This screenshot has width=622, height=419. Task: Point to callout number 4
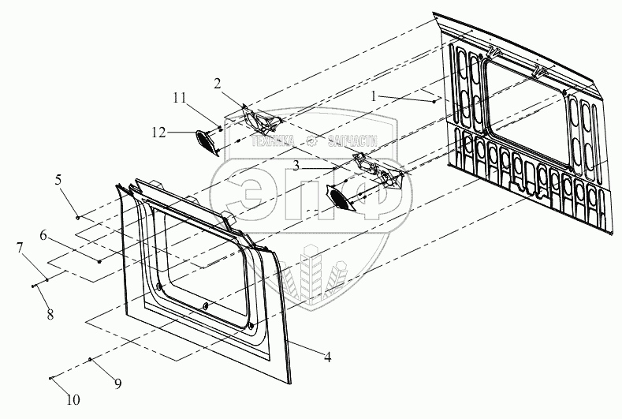point(327,357)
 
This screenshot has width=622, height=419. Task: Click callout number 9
point(118,383)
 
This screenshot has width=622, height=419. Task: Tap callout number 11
point(180,98)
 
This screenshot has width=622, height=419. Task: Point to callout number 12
point(158,133)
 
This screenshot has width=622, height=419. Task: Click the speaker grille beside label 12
point(207,141)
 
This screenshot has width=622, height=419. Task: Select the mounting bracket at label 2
point(261,121)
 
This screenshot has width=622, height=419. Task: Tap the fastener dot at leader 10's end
point(51,379)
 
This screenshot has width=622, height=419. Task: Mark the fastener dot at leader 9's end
point(91,360)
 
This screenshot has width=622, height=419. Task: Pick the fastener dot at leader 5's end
point(77,217)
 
